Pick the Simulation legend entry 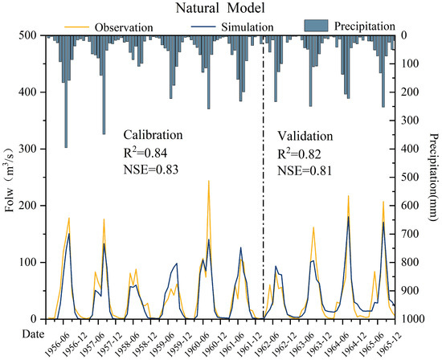(237, 27)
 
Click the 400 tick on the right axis (409, 149)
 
